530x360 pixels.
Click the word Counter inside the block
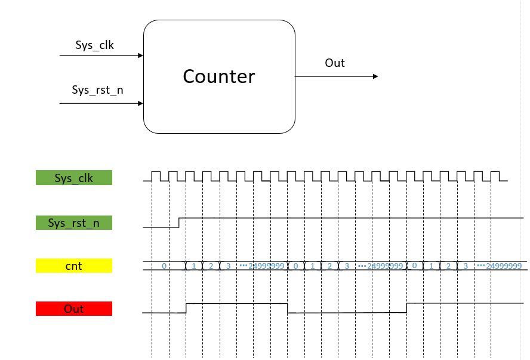coord(218,76)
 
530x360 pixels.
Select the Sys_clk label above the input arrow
coord(94,45)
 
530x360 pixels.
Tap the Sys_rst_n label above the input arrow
coord(98,90)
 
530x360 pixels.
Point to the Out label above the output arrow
coord(335,63)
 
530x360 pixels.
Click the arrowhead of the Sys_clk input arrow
coord(141,56)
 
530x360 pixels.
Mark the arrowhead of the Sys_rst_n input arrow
coord(141,103)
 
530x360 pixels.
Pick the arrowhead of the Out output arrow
coord(375,76)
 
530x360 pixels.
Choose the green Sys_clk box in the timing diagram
coord(74,178)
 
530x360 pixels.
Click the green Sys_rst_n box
coord(74,223)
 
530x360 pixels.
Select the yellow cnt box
coord(74,266)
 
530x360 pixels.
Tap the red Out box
coord(74,309)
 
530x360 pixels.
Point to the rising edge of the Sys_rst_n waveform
coord(180,222)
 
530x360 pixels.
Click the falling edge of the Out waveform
coord(288,308)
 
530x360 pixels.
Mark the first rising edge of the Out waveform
coord(186,308)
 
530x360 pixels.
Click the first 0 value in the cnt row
coord(164,266)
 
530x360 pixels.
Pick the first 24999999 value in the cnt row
coord(266,266)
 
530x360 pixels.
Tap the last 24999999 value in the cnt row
coord(504,266)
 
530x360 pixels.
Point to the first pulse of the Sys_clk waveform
coord(156,176)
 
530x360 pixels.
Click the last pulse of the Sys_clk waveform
coord(495,176)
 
